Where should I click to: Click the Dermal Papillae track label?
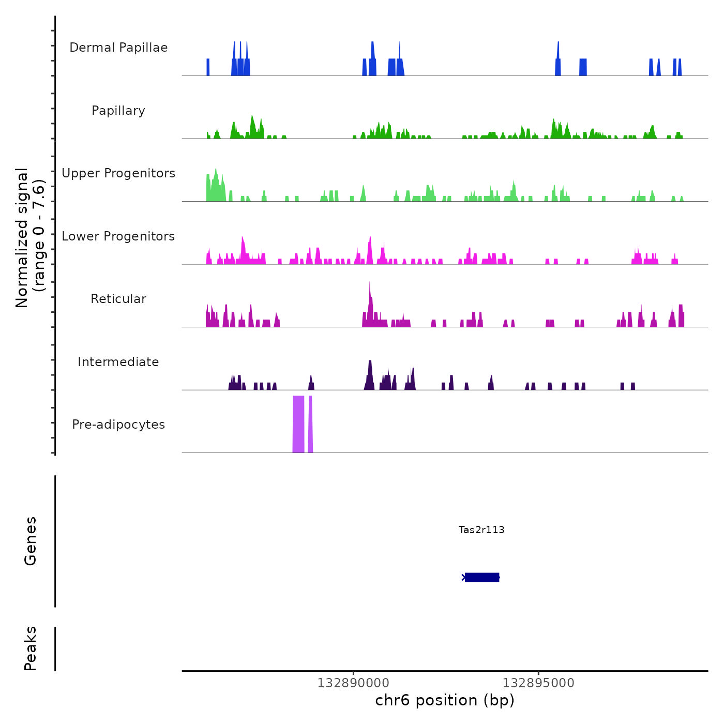118,48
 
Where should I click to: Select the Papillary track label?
118,111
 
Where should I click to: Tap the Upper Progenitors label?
118,173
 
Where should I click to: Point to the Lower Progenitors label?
118,236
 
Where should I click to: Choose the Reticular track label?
118,299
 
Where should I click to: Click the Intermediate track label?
118,362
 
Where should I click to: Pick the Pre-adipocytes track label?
118,425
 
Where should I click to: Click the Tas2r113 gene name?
481,530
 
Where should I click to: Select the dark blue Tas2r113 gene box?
482,577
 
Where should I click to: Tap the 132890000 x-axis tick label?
353,683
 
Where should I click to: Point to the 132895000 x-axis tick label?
538,683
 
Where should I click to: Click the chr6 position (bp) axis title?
445,701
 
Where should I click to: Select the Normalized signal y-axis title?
30,237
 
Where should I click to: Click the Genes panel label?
31,540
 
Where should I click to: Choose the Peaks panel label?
31,648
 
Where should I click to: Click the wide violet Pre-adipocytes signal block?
298,424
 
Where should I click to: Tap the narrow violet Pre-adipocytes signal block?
310,424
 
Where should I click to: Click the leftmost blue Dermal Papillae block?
208,67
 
